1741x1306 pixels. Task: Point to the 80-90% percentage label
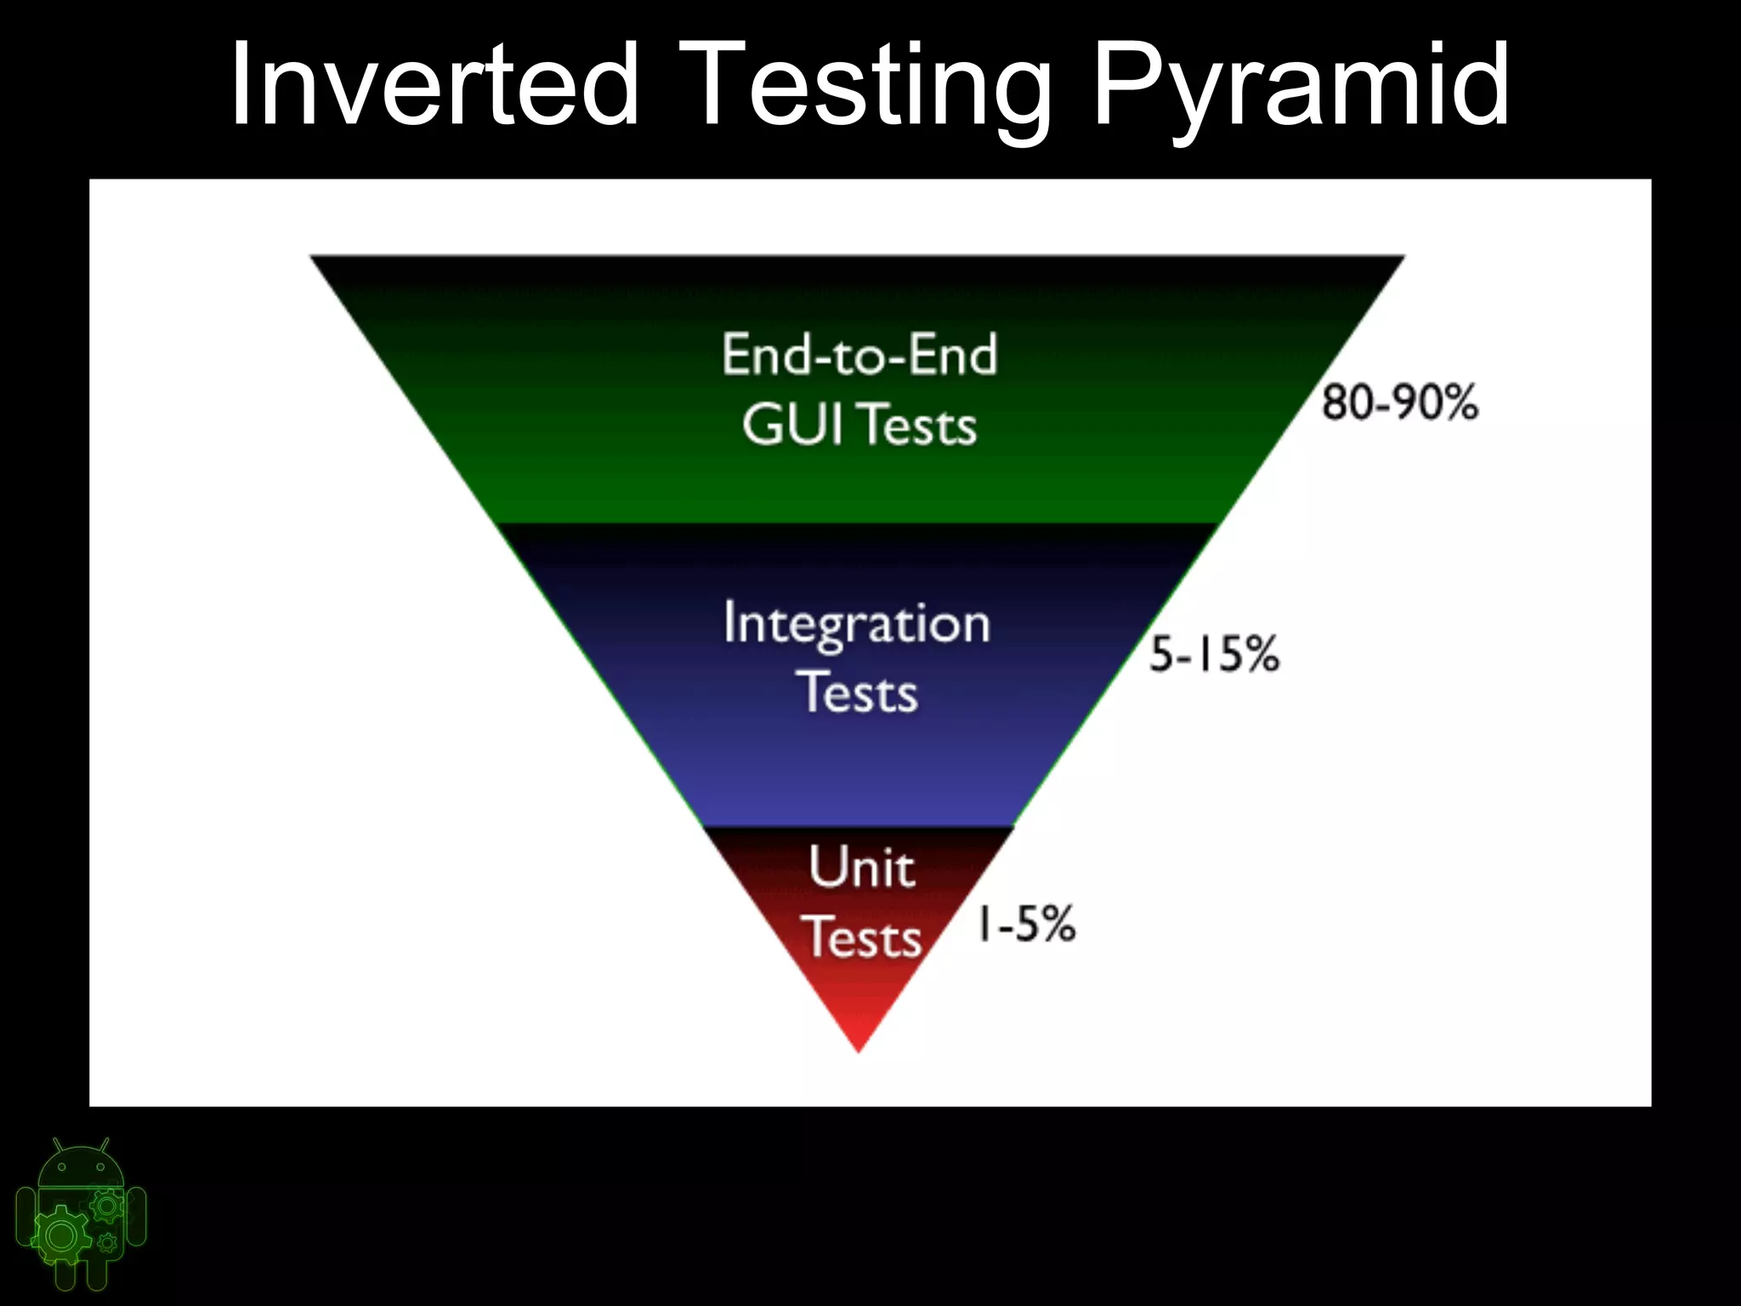[x=1399, y=402]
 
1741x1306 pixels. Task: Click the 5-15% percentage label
[x=1214, y=655]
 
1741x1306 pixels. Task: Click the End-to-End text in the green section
[x=859, y=355]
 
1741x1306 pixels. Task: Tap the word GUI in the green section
[x=792, y=424]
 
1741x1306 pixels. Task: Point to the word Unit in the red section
[x=861, y=867]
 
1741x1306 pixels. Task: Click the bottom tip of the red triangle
[x=859, y=1049]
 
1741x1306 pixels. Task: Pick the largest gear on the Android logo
[x=60, y=1235]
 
